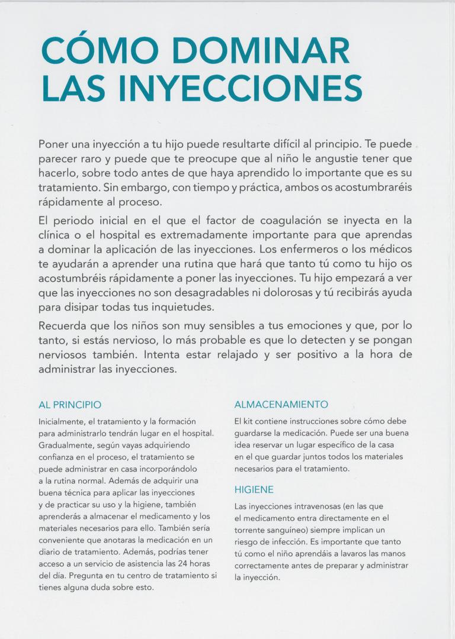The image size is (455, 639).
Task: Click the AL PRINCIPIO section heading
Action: click(x=70, y=405)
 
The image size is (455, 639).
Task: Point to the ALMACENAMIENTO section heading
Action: click(x=281, y=405)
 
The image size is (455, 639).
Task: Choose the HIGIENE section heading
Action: click(x=254, y=490)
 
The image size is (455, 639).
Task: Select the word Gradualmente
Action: click(x=65, y=445)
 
